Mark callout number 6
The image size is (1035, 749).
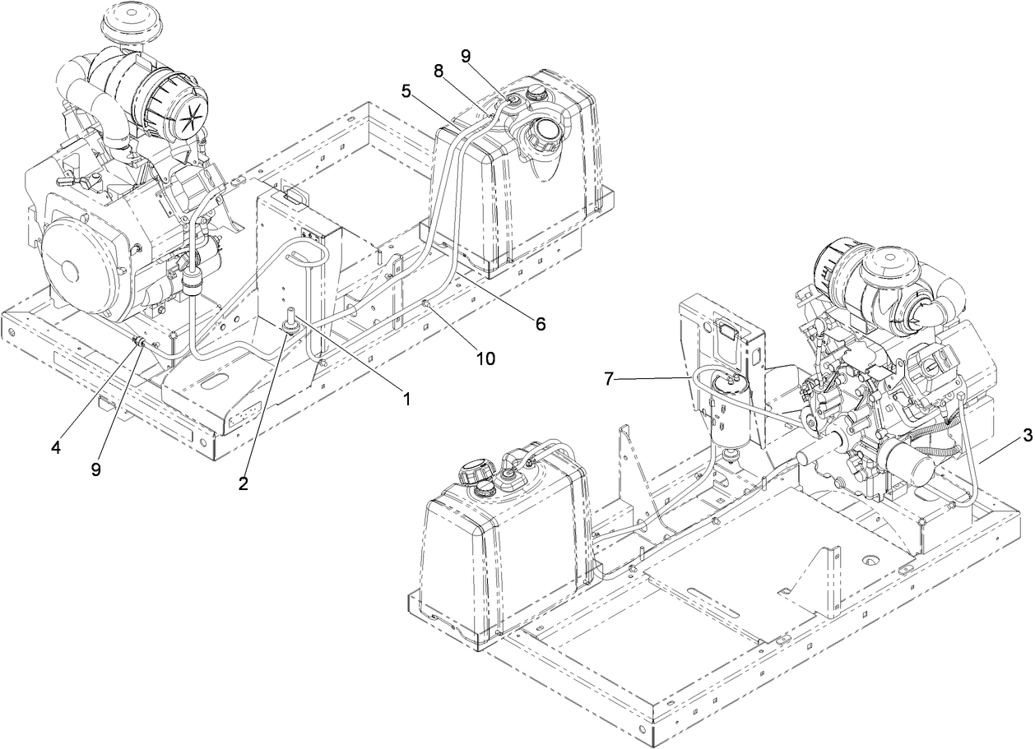[540, 324]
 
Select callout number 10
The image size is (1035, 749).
[485, 358]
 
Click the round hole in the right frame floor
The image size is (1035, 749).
[867, 560]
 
